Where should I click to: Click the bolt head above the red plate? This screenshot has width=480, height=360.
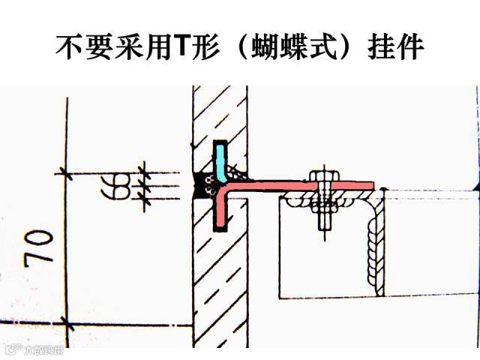point(323,177)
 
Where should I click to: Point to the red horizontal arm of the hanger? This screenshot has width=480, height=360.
point(300,185)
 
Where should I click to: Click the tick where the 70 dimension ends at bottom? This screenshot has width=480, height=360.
point(66,323)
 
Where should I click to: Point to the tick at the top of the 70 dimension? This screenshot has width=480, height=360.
point(66,174)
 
